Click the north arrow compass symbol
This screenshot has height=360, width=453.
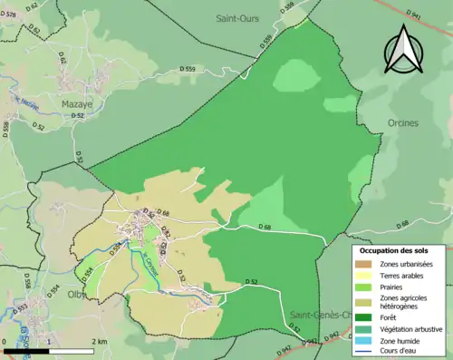point(404,49)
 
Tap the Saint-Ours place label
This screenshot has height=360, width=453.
point(236,18)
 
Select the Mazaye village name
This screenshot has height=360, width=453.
point(77,105)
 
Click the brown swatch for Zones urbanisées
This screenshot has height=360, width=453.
point(365,264)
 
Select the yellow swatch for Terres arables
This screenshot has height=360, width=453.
point(365,276)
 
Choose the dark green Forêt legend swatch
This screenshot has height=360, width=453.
point(365,317)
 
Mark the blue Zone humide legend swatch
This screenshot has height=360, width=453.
point(365,341)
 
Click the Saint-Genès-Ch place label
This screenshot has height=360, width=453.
point(320,315)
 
